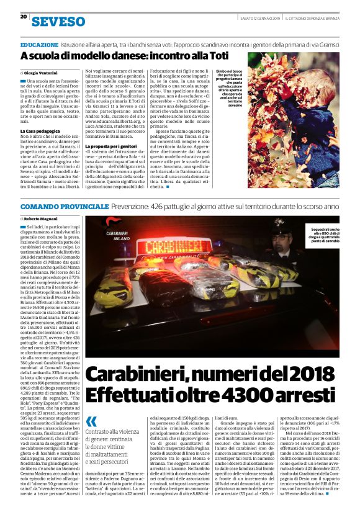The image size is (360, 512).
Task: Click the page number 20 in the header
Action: (x=24, y=17)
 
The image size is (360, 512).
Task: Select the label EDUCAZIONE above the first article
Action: (x=39, y=46)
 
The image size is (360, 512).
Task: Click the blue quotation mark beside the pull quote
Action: (x=91, y=421)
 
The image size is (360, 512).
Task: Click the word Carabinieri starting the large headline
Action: (x=133, y=374)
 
